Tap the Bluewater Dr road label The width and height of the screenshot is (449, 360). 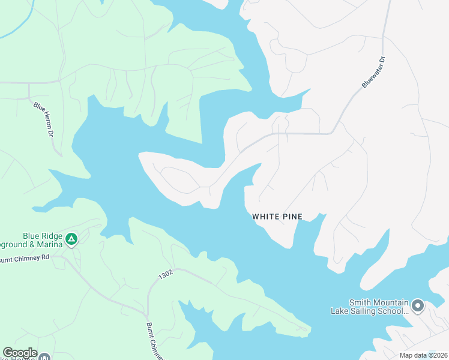[373, 73]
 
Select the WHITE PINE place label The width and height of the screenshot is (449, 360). [277, 216]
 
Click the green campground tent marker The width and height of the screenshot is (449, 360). [71, 240]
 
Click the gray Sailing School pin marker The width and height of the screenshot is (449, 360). [418, 306]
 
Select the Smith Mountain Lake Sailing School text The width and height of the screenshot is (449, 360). [370, 307]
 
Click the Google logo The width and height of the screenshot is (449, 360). [20, 353]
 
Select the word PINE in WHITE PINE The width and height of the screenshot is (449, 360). [292, 216]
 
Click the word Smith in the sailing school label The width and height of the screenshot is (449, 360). [361, 302]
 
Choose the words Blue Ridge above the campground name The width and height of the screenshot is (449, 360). [42, 236]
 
